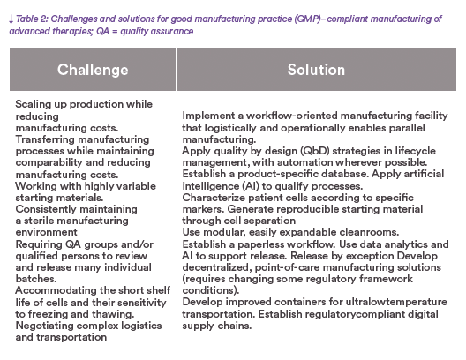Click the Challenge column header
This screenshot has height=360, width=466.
(x=93, y=70)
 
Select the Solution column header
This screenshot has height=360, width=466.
(x=316, y=70)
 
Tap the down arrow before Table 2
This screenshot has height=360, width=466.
(x=11, y=19)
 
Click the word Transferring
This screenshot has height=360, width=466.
(x=41, y=139)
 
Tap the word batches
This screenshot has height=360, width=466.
(x=36, y=279)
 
